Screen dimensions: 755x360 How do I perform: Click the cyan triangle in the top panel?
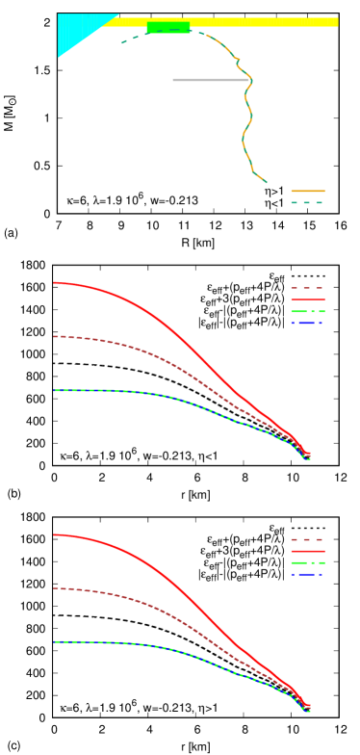click(78, 29)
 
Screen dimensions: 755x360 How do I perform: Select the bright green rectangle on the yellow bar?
click(168, 27)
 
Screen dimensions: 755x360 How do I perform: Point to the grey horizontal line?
click(210, 80)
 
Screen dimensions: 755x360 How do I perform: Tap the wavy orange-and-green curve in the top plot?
click(247, 116)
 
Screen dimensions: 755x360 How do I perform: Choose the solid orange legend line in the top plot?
click(307, 192)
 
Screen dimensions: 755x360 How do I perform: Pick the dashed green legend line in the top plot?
click(307, 203)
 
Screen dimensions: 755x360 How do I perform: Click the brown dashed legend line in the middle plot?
click(307, 288)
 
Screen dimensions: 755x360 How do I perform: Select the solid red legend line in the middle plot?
click(307, 299)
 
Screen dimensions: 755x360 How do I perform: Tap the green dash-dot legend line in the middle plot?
click(307, 312)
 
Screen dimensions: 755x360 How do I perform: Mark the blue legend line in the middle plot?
click(307, 324)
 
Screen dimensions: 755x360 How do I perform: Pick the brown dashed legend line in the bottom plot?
click(307, 540)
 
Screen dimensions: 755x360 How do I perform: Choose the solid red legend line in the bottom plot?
click(307, 552)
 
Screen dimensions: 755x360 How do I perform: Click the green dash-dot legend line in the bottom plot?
click(307, 562)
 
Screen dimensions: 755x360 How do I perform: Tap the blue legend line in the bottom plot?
click(307, 574)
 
